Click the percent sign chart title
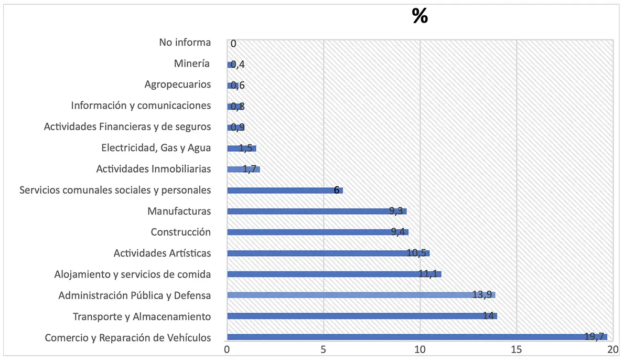point(420,16)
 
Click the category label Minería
point(192,63)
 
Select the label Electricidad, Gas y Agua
point(156,147)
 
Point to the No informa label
point(185,43)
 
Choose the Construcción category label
point(181,232)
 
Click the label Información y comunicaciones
point(141,105)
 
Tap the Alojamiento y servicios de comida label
point(133,274)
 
